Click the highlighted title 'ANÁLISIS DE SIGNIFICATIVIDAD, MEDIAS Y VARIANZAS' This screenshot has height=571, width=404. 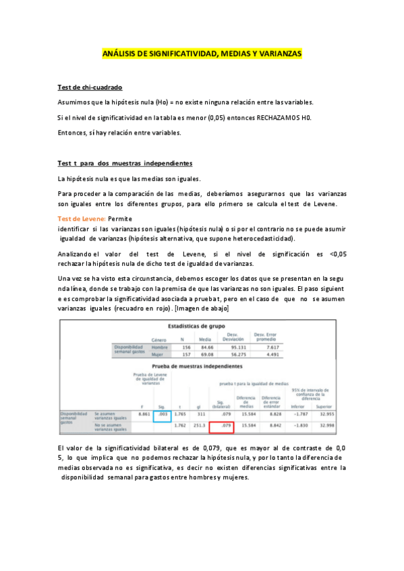pos(202,53)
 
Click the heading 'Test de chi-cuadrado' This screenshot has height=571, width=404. pos(90,88)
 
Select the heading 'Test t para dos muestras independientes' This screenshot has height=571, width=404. pos(125,164)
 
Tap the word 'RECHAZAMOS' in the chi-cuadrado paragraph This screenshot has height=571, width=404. pos(274,118)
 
